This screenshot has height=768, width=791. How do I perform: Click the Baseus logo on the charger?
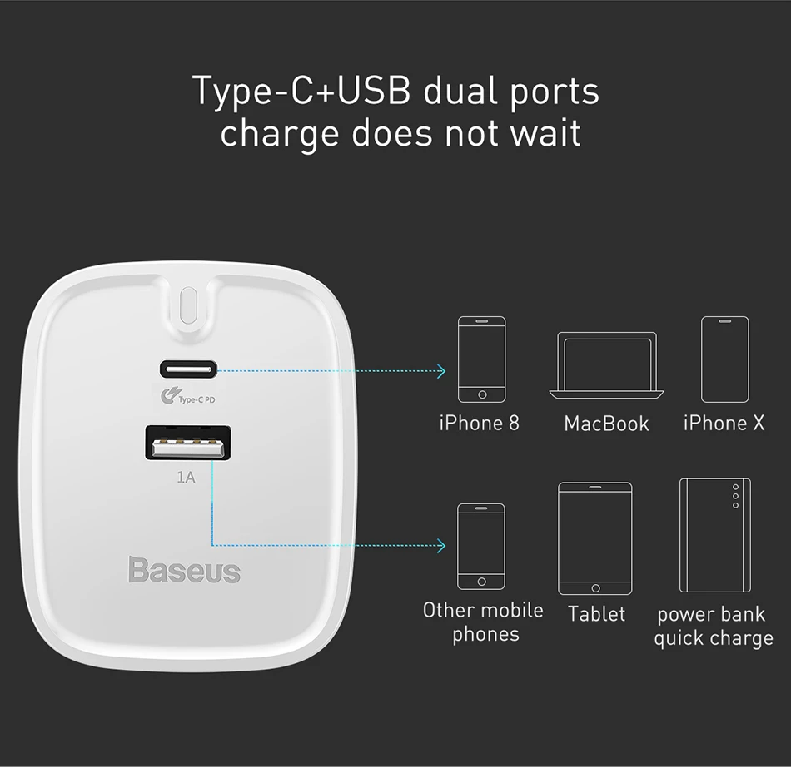pyautogui.click(x=184, y=570)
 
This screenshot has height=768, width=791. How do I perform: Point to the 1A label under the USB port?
pyautogui.click(x=186, y=478)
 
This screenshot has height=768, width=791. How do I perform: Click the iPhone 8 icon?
pyautogui.click(x=481, y=359)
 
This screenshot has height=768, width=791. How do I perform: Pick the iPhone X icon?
pyautogui.click(x=724, y=359)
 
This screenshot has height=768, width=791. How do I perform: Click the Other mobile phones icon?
pyautogui.click(x=481, y=546)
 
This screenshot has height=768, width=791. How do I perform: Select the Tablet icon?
pyautogui.click(x=595, y=538)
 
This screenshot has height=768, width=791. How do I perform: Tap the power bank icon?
pyautogui.click(x=714, y=534)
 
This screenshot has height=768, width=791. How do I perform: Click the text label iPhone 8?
pyautogui.click(x=480, y=424)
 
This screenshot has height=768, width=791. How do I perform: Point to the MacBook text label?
pyautogui.click(x=606, y=424)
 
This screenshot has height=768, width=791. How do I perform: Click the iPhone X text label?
pyautogui.click(x=724, y=424)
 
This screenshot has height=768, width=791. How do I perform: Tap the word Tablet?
pyautogui.click(x=596, y=614)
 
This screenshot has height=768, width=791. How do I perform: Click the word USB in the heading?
pyautogui.click(x=372, y=91)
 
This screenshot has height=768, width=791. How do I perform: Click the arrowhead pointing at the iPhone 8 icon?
pyautogui.click(x=441, y=370)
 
